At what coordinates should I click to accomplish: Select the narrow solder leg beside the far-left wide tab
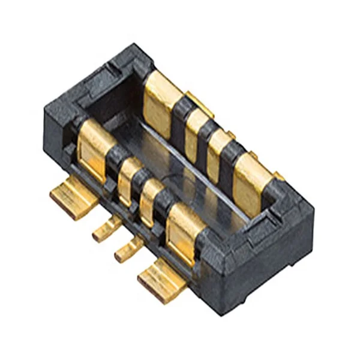[x=105, y=230]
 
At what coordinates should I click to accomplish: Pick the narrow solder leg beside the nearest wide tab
[x=127, y=248]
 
